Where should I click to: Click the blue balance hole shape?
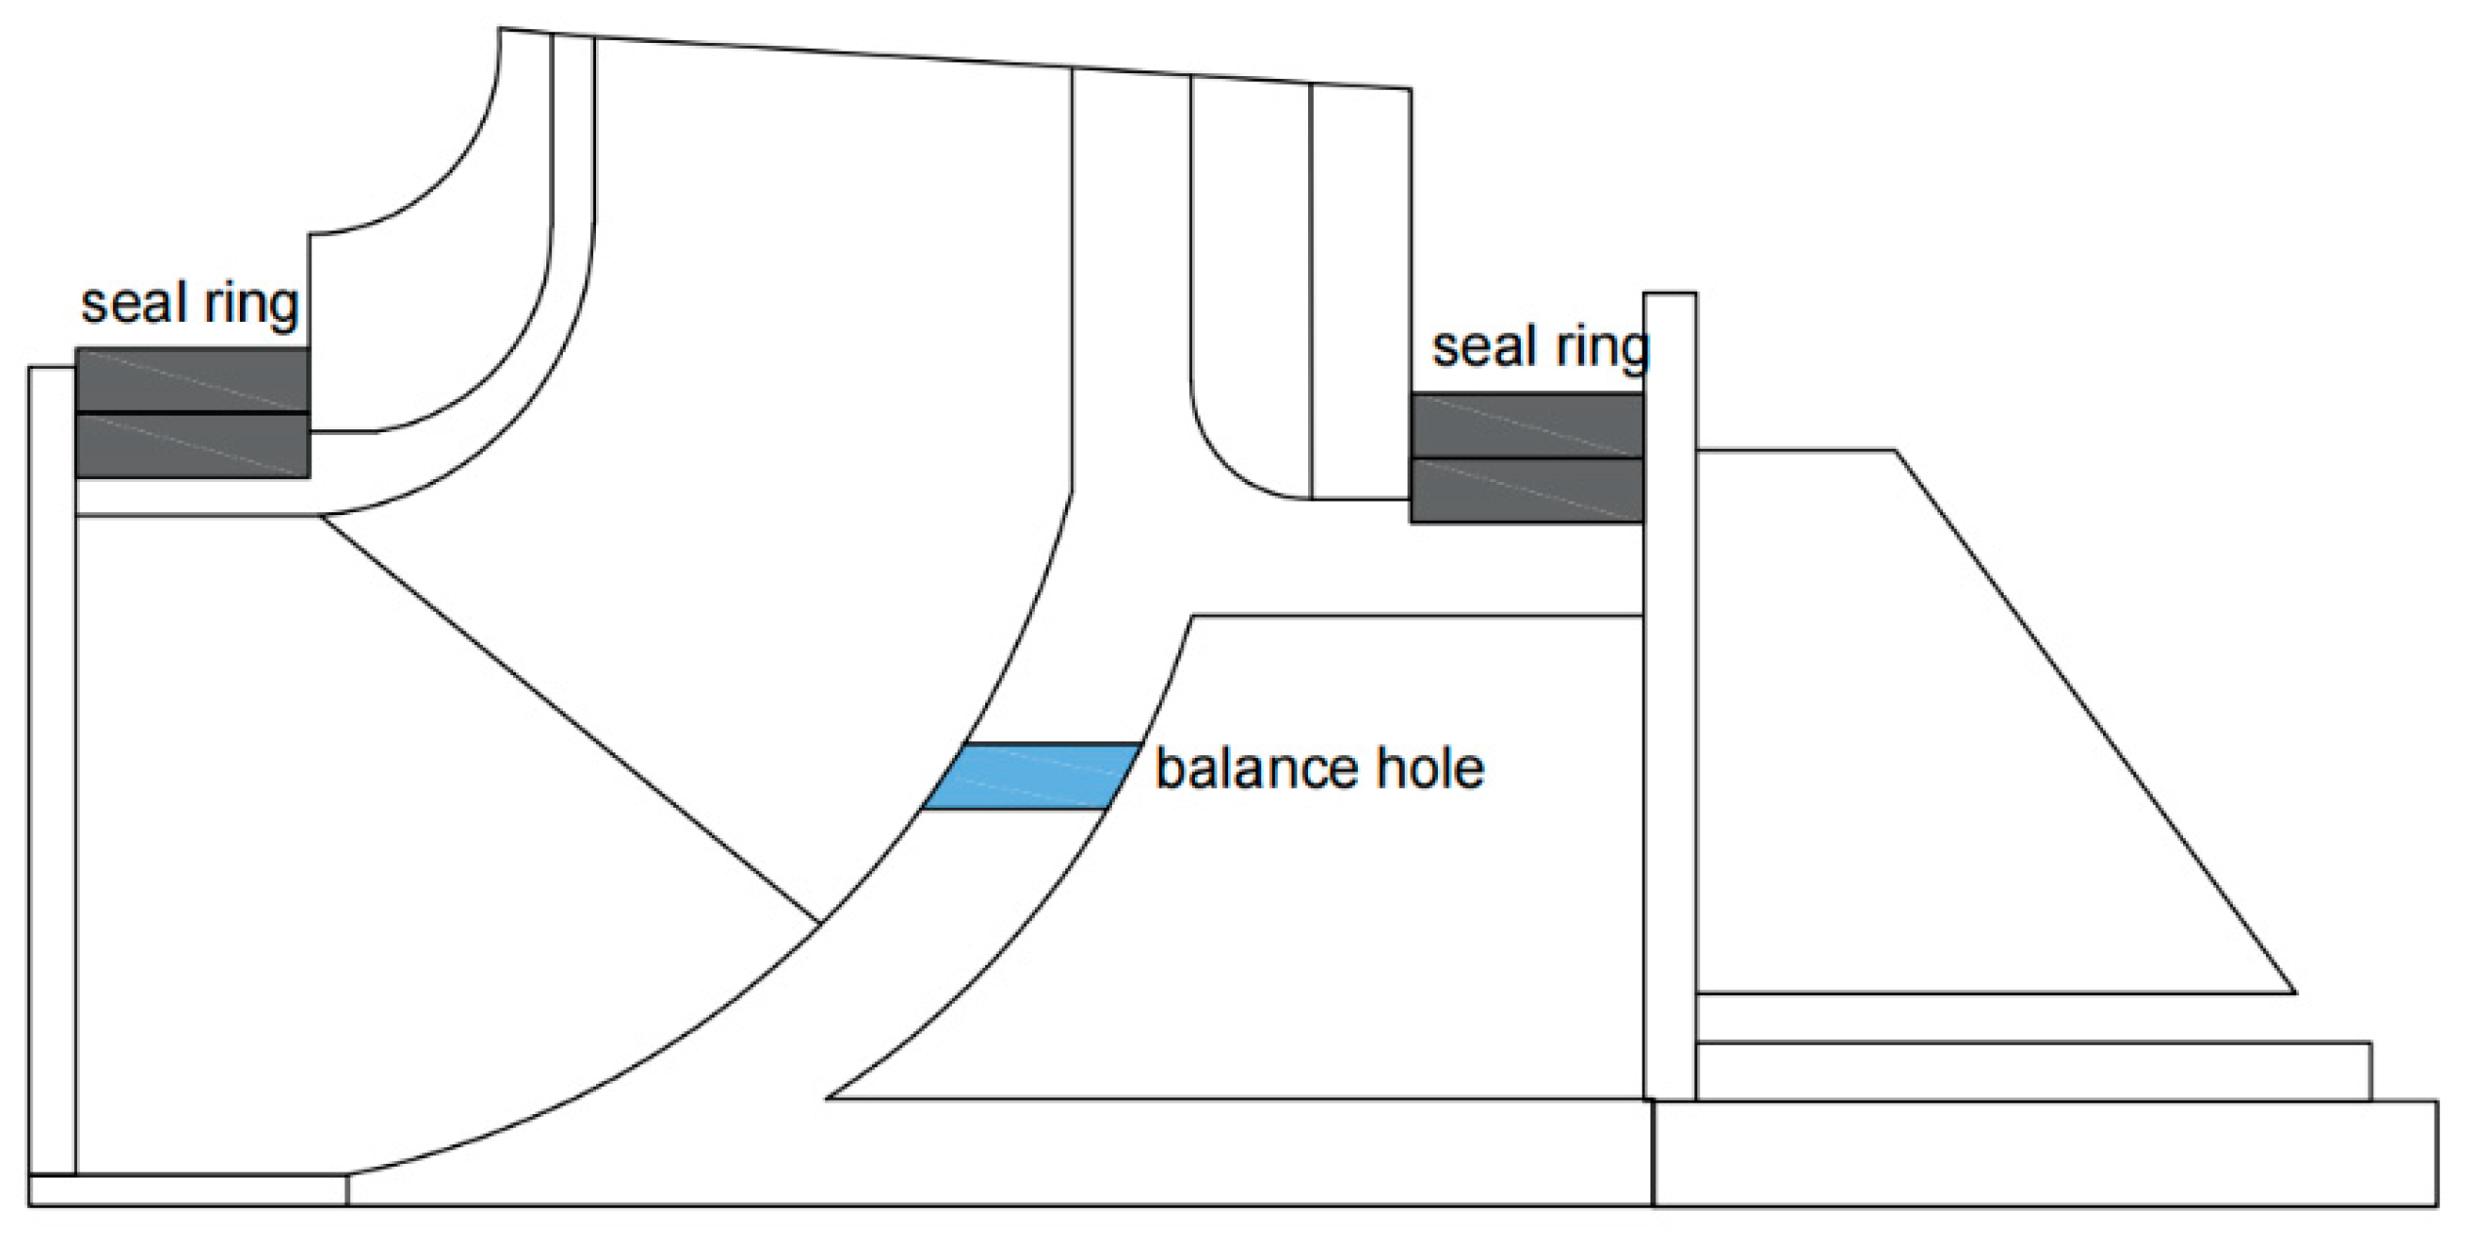1031,776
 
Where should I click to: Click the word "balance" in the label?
1252,769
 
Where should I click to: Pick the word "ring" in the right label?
1601,348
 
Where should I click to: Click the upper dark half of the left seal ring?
192,379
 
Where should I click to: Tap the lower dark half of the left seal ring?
192,446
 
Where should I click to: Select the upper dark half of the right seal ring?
1527,425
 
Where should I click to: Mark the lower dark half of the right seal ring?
1527,491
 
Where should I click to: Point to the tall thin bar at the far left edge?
52,771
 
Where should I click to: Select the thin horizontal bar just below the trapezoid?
2033,1070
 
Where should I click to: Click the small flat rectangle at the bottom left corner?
187,1190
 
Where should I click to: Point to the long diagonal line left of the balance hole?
570,719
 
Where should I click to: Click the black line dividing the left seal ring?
192,413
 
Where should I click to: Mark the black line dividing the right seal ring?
1527,458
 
